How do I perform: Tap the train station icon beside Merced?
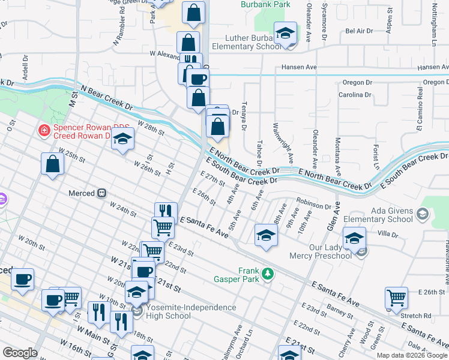tap(102, 193)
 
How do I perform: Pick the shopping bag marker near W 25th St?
tap(53, 164)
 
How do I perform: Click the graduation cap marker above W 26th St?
tap(123, 140)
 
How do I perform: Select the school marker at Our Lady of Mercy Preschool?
tap(354, 238)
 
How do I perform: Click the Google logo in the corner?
tap(20, 353)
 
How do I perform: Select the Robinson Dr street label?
tap(313, 205)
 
